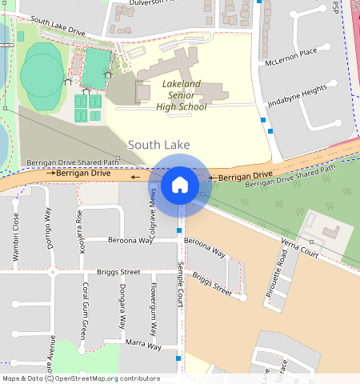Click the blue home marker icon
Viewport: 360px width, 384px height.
180,185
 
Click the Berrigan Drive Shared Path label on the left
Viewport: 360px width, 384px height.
73,162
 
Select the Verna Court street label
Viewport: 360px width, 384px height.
300,248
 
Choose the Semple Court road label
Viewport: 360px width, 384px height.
182,285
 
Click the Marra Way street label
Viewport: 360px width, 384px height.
144,343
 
